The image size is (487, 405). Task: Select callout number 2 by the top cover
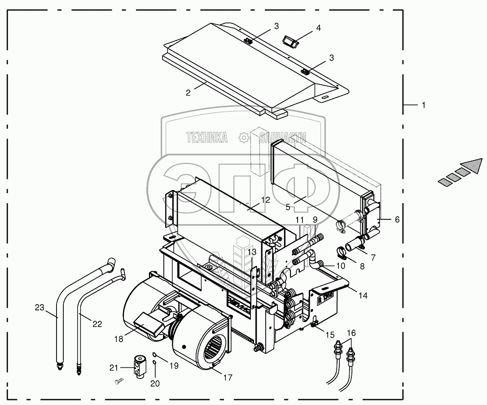click(189, 93)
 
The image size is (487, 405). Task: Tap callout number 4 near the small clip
click(318, 28)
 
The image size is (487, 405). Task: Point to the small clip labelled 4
click(291, 41)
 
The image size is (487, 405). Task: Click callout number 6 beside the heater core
click(397, 219)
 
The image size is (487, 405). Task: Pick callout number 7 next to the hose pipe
click(373, 257)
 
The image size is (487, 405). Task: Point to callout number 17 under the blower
click(228, 378)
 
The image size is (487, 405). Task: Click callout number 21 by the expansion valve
click(113, 368)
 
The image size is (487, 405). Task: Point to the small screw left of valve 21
click(118, 381)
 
